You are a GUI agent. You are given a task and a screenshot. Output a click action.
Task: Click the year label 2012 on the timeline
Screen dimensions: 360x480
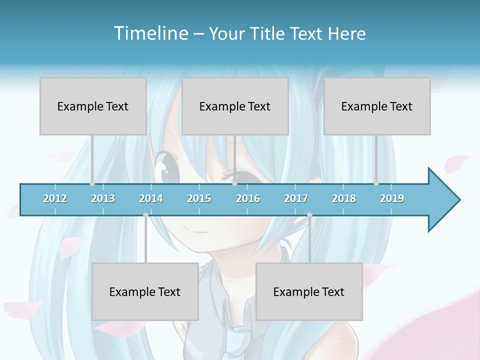click(x=55, y=198)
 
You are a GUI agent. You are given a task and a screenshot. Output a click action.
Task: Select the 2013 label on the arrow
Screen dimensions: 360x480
click(x=103, y=198)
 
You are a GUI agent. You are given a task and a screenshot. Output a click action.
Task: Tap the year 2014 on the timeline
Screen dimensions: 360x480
click(x=151, y=198)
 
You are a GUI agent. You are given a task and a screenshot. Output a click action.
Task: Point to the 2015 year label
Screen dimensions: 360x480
click(x=199, y=198)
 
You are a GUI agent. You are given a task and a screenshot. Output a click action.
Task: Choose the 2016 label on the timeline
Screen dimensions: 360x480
click(x=248, y=198)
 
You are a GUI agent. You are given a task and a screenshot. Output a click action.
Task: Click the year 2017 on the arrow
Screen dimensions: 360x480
click(x=296, y=198)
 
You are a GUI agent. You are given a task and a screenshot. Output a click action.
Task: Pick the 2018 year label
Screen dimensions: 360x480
click(x=344, y=198)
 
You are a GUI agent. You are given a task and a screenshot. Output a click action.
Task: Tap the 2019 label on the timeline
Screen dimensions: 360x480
click(x=392, y=198)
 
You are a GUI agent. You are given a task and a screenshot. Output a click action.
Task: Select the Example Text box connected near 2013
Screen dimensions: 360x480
click(x=93, y=106)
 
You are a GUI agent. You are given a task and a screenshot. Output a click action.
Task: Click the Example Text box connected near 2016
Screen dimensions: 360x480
click(x=235, y=106)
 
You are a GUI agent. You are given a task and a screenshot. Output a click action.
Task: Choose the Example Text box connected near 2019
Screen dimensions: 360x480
click(x=377, y=106)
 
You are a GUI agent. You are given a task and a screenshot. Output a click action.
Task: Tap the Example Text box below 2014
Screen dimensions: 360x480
click(x=145, y=291)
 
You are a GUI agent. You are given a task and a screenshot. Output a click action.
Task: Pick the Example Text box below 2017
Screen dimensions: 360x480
click(x=309, y=291)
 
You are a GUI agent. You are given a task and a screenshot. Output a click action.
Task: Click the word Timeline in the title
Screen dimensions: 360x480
click(x=150, y=33)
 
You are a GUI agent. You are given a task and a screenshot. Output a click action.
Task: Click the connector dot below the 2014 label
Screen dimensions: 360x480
click(x=145, y=215)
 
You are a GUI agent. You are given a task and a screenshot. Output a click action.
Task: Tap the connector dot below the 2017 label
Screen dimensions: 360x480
click(x=309, y=215)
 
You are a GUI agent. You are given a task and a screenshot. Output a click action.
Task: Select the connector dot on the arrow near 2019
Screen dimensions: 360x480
click(x=376, y=183)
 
